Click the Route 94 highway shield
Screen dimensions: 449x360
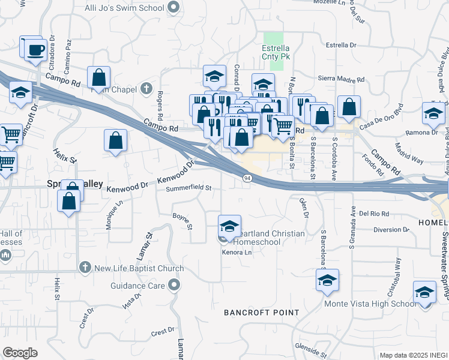click(x=247, y=178)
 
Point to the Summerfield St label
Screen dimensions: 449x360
click(x=189, y=188)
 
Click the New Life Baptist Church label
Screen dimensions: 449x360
click(x=139, y=268)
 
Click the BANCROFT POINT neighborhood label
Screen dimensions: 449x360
click(x=261, y=313)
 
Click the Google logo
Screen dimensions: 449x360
click(x=20, y=353)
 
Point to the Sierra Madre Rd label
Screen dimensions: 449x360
click(x=342, y=79)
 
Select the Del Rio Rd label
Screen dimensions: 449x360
click(x=375, y=213)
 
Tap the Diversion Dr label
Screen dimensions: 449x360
click(x=391, y=229)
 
